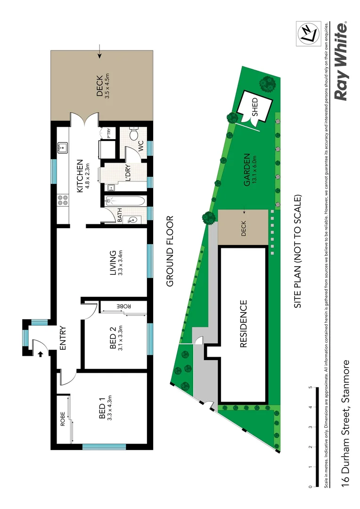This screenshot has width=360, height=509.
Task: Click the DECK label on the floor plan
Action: tap(100, 86)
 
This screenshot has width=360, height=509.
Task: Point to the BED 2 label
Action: tap(113, 339)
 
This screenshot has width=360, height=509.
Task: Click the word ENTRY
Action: tap(63, 338)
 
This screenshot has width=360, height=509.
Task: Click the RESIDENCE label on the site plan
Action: tap(243, 324)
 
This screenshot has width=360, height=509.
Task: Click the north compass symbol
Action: tap(308, 33)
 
